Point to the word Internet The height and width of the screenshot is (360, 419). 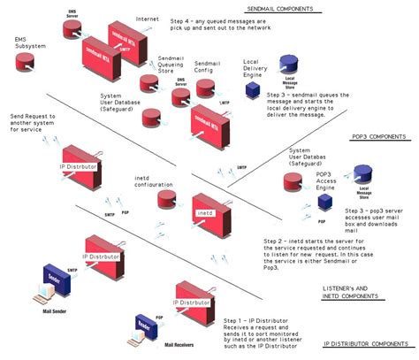[148, 19]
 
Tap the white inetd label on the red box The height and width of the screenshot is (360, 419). [203, 214]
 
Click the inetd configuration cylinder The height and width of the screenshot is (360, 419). [164, 201]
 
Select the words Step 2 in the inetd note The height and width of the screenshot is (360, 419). [250, 241]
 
